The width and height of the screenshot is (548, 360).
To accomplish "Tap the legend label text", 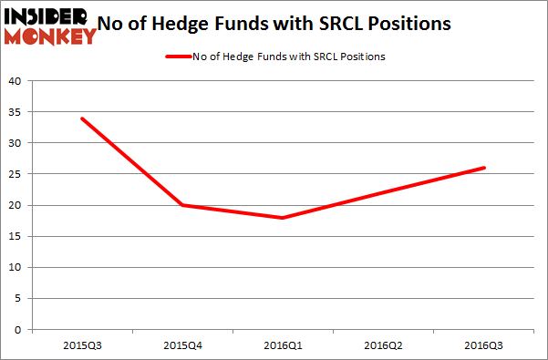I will pyautogui.click(x=288, y=57).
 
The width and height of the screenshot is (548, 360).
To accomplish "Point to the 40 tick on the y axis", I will pyautogui.click(x=15, y=80).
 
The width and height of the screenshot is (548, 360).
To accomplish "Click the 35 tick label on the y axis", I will pyautogui.click(x=15, y=112).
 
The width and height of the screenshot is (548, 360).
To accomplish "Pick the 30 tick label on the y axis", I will pyautogui.click(x=15, y=143).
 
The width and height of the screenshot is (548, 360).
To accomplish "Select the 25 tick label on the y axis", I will pyautogui.click(x=15, y=174).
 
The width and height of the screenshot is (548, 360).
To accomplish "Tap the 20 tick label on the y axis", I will pyautogui.click(x=15, y=205).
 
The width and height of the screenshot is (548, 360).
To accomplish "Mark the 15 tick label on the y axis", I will pyautogui.click(x=15, y=237).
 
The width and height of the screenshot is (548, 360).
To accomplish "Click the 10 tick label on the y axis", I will pyautogui.click(x=15, y=268).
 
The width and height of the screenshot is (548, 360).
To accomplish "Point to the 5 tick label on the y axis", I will pyautogui.click(x=17, y=299).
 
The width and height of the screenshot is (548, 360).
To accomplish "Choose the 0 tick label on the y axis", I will pyautogui.click(x=17, y=331).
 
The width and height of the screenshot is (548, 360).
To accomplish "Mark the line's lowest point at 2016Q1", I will pyautogui.click(x=284, y=218).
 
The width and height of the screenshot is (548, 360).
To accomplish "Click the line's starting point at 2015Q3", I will pyautogui.click(x=83, y=118).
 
